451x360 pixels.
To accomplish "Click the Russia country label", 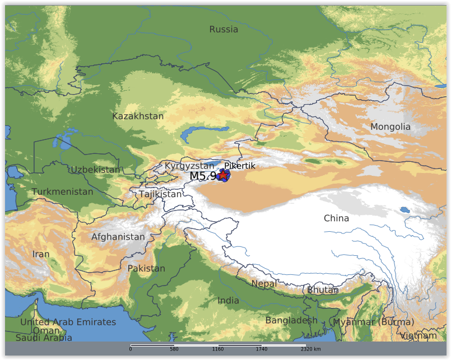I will point(224,30).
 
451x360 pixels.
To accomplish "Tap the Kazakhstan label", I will point(138,116).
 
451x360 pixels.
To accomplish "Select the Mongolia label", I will point(390,127).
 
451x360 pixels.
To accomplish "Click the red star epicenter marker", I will point(223,175).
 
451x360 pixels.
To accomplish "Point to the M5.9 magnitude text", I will point(203,176).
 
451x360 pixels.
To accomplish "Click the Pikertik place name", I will point(240,166).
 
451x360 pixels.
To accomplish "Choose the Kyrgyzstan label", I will point(189,166).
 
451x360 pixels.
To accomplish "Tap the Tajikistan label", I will point(160,194).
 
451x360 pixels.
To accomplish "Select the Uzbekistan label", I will point(95,170).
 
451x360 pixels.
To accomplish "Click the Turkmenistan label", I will point(62,192).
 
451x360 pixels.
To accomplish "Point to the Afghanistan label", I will point(118,237).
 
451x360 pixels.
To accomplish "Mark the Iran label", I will point(41,254).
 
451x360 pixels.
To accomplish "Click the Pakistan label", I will point(146,269).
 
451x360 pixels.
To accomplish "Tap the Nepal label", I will point(264,284).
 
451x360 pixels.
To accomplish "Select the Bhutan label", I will point(323,290).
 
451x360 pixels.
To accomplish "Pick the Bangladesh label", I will point(291,321).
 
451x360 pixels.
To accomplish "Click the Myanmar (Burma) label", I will point(373,322).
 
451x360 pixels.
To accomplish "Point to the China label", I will point(336,218).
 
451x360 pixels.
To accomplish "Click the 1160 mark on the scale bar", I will point(218,349).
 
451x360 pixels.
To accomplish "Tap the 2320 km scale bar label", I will point(310,349).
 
